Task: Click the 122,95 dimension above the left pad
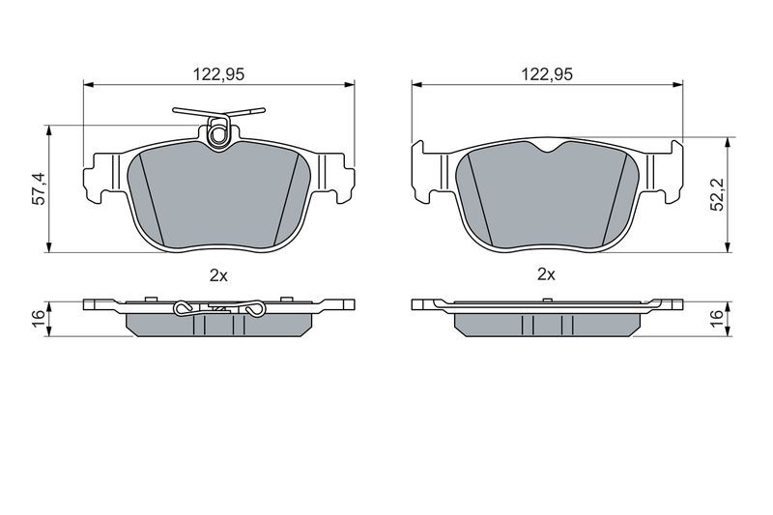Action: tap(218, 74)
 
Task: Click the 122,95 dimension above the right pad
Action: tap(547, 74)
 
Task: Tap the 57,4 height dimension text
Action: tap(39, 188)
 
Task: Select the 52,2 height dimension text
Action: tap(718, 194)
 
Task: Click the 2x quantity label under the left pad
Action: tap(218, 275)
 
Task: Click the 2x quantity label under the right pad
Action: tap(546, 274)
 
